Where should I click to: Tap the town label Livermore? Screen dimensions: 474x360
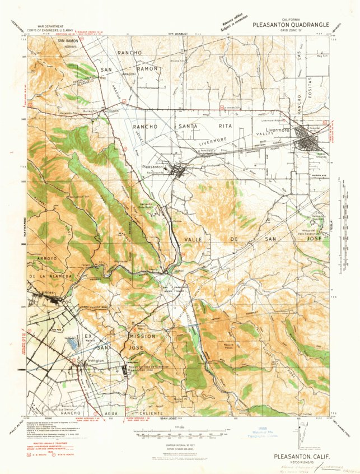[280, 129]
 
